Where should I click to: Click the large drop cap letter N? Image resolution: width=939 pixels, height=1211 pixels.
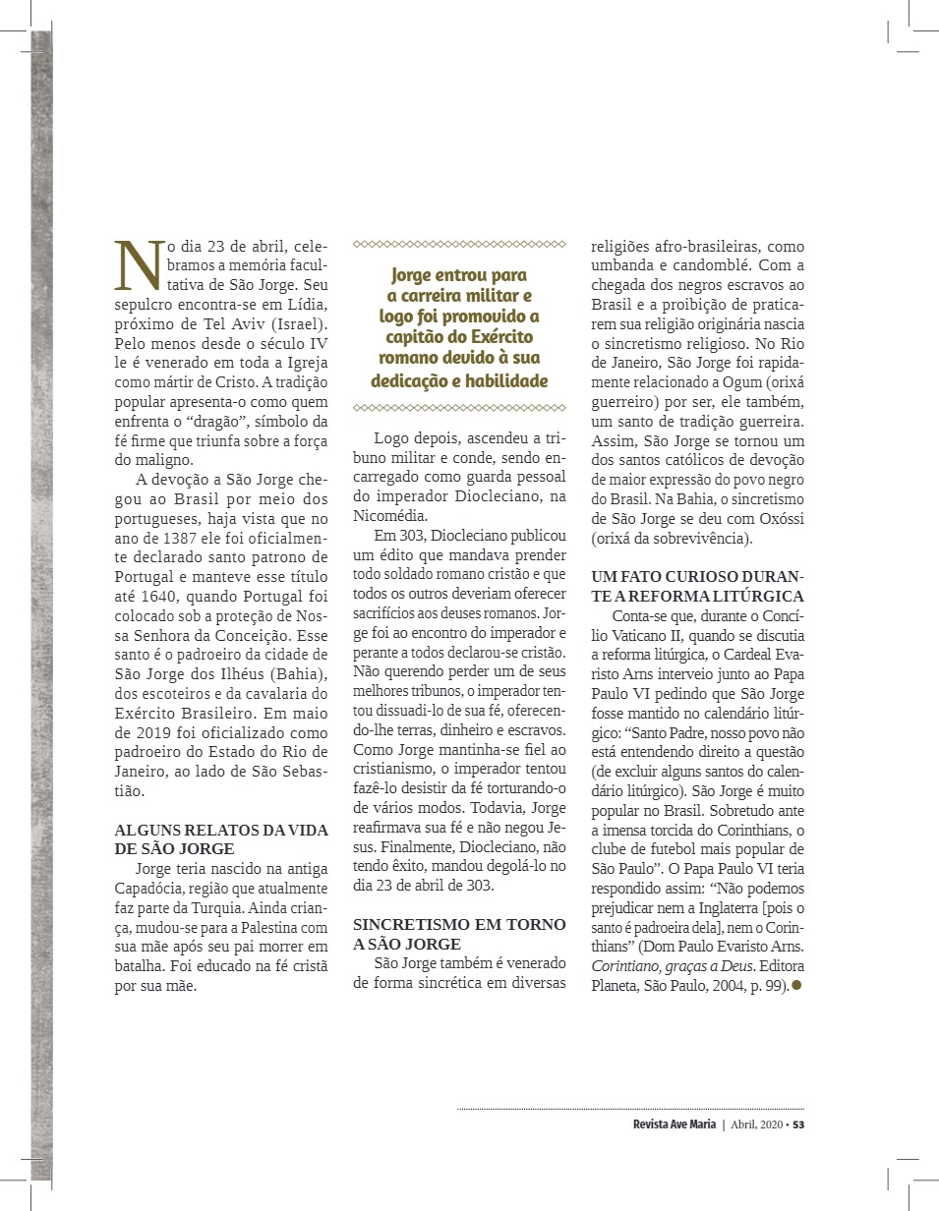pos(134,264)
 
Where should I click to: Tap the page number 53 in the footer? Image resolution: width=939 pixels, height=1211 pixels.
pos(798,1124)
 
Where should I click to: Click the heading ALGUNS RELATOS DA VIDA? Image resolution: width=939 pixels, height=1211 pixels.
pos(221,831)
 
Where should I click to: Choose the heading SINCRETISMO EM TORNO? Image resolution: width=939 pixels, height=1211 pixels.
pos(459,924)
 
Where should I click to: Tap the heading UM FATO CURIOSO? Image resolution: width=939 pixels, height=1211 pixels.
pos(697,577)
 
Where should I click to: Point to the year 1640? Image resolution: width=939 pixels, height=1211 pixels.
pos(170,597)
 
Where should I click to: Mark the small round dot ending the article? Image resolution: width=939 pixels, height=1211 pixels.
pos(797,986)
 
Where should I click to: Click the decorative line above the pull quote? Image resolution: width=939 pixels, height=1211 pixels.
pos(459,243)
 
